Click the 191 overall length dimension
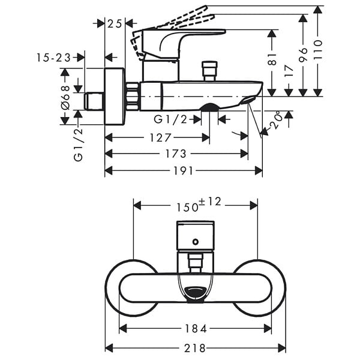183,171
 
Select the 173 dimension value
176,154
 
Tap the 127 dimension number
160,138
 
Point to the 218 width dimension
194,348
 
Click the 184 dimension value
196,329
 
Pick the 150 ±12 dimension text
199,205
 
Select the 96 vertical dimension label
303,55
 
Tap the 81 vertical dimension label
272,59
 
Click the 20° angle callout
275,119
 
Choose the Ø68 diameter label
65,97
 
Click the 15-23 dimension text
53,58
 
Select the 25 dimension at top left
115,23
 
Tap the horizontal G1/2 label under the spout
170,119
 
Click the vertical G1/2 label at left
78,145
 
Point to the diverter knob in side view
209,71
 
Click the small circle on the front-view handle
196,242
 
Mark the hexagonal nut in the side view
133,96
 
